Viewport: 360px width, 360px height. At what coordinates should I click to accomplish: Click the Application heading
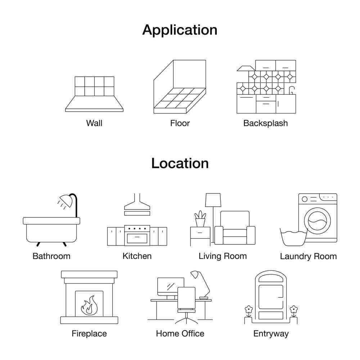180,31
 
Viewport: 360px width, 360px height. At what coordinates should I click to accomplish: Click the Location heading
180,163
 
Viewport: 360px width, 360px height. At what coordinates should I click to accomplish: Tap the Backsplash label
265,123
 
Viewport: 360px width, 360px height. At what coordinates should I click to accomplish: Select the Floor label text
180,123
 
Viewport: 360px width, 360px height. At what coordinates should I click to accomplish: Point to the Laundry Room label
309,256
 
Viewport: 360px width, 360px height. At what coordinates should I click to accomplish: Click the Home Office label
180,334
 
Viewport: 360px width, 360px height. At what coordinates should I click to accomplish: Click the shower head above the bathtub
66,200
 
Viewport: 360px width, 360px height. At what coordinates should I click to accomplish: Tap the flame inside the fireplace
89,306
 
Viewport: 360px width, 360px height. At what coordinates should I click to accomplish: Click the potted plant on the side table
201,219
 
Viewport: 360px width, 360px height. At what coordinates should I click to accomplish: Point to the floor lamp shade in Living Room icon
213,200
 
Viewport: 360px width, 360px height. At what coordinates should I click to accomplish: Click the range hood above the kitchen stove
137,204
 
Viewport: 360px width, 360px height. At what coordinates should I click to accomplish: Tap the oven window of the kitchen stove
137,238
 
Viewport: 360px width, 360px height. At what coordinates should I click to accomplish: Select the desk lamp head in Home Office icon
195,275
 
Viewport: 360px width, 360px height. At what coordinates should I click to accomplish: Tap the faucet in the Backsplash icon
292,90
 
